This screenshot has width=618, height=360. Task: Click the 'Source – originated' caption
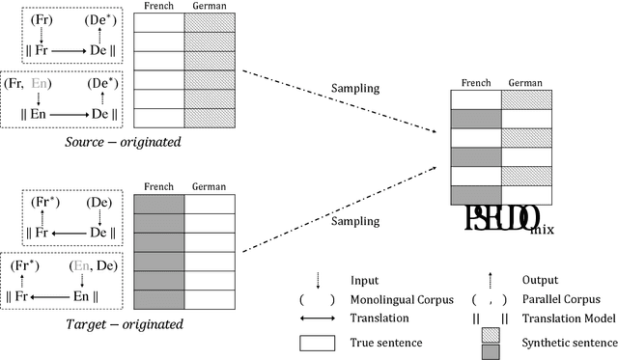coord(70,143)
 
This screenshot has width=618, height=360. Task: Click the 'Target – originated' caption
coord(70,324)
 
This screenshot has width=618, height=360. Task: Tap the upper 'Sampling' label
coord(352,88)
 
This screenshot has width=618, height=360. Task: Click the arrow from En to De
coord(70,113)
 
